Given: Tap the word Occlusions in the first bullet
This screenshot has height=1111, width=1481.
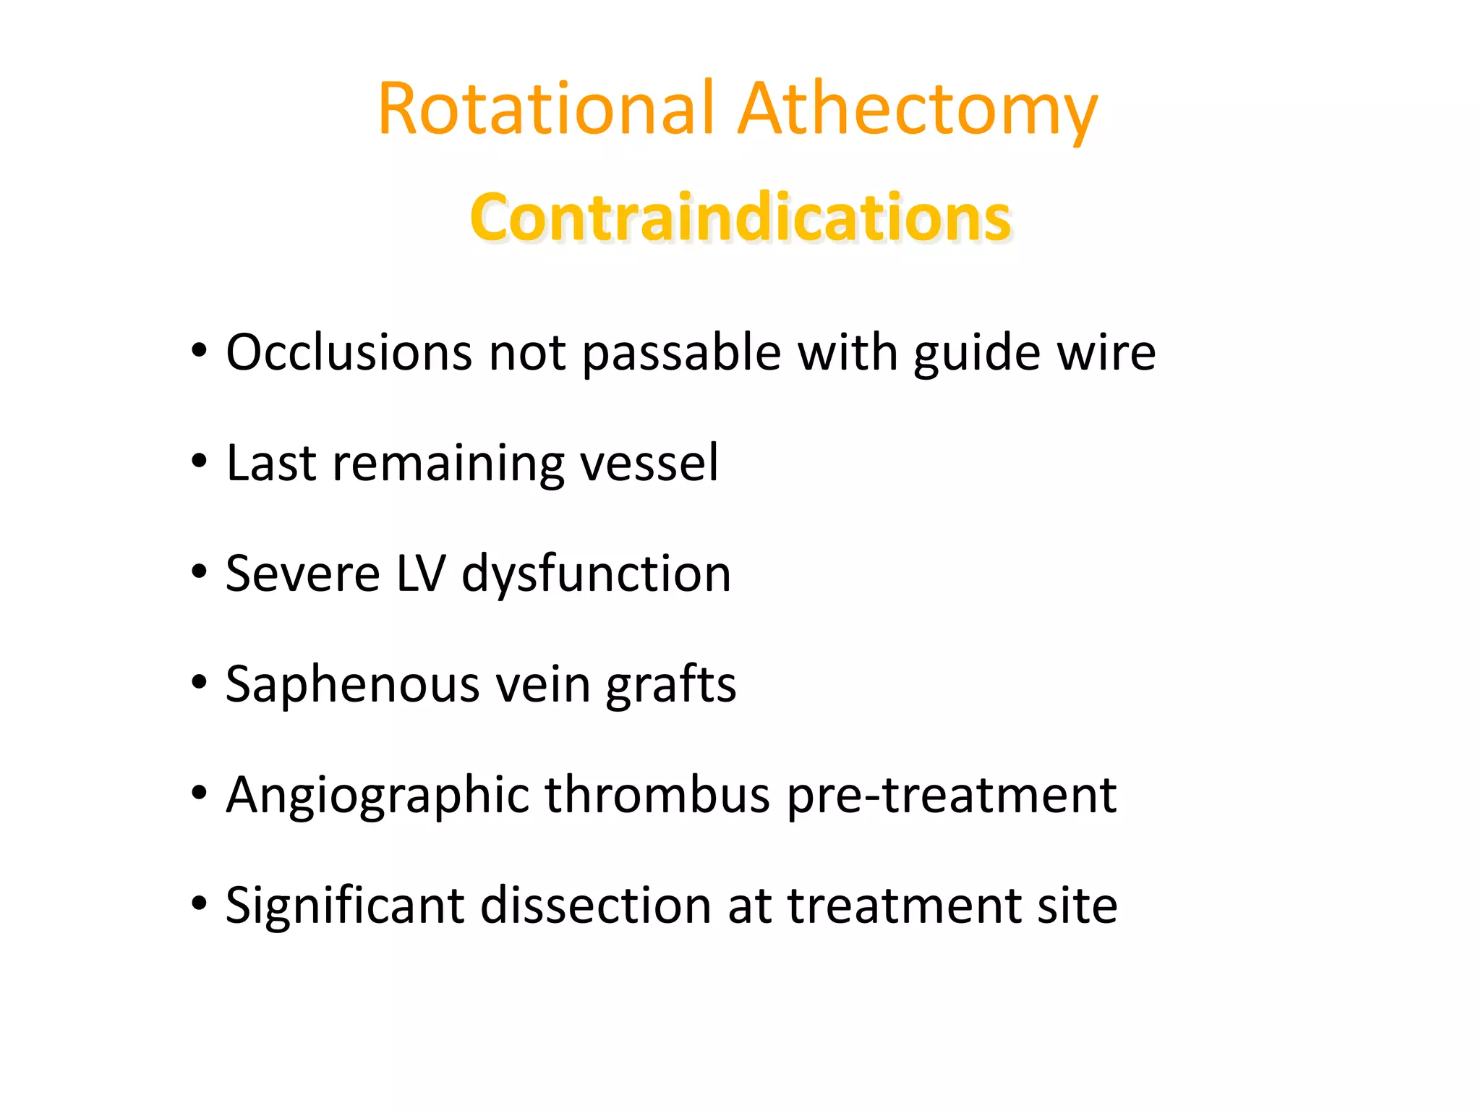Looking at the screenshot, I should tap(349, 353).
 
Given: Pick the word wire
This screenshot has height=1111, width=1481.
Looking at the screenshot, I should tap(1106, 353).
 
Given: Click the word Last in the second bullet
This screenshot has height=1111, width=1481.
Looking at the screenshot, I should tap(270, 463).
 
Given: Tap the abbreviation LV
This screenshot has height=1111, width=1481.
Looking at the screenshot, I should tap(421, 574).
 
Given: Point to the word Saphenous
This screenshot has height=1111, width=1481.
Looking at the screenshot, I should tap(352, 684).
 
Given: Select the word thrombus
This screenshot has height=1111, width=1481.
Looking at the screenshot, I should tap(657, 794).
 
